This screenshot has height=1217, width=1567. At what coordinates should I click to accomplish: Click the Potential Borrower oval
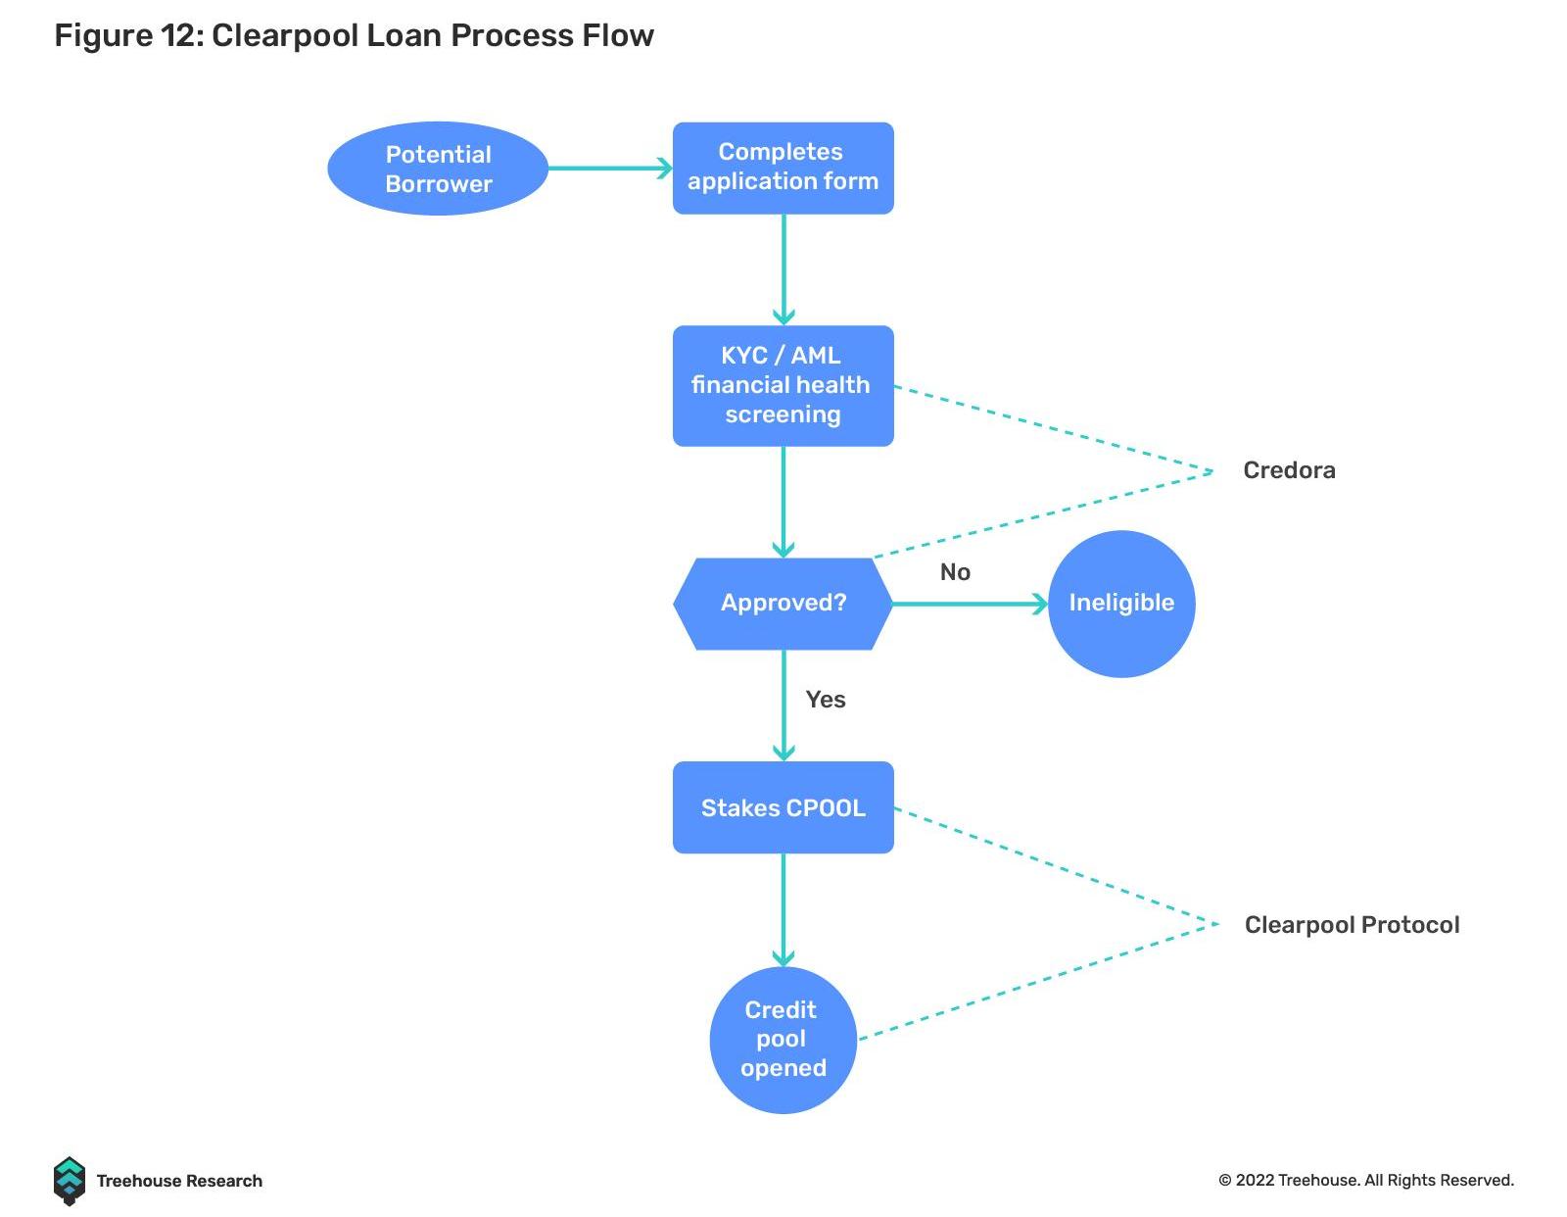[437, 169]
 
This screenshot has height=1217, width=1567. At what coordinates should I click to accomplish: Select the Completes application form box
[783, 168]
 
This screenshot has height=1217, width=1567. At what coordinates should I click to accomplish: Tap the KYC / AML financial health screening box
[783, 385]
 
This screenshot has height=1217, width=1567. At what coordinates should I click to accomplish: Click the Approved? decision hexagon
[783, 603]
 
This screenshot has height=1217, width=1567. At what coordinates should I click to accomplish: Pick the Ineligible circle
[1120, 603]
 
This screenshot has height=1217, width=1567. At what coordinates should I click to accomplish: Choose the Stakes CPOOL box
[783, 807]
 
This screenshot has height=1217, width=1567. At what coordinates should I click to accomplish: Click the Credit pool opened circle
[783, 1039]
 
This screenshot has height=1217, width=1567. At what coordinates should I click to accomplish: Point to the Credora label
[1288, 470]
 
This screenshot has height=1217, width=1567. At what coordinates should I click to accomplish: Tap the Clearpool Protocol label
[1351, 925]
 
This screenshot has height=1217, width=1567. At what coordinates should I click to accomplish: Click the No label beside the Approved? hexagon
[955, 572]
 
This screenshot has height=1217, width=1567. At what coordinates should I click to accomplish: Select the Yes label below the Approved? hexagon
[825, 700]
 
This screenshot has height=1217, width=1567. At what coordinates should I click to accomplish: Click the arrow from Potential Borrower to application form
[609, 169]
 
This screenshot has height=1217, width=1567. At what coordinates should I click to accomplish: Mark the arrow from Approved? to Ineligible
[970, 604]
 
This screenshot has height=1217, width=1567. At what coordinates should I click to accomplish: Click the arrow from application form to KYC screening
[783, 269]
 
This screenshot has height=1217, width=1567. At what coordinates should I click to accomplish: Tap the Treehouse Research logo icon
[69, 1181]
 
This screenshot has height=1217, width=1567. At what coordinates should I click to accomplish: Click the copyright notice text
[1365, 1181]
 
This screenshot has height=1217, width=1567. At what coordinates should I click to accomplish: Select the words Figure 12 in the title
[127, 36]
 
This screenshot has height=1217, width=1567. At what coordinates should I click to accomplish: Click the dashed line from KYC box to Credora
[1053, 428]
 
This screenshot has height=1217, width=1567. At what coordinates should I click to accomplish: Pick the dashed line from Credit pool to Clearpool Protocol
[1038, 980]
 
